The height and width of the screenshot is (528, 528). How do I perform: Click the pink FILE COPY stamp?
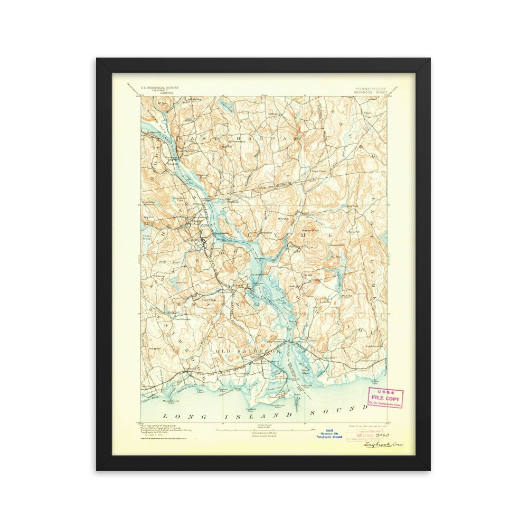[x=384, y=397]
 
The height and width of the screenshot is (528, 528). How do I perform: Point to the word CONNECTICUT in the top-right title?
[x=371, y=89]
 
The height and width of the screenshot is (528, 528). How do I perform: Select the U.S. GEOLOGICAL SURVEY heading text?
[x=159, y=88]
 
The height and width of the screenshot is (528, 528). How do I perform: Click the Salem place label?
[x=368, y=113]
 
